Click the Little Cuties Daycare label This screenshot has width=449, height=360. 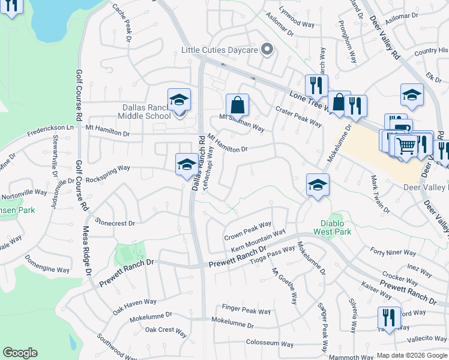point(220,50)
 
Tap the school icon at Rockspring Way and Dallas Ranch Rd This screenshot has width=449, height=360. point(187,164)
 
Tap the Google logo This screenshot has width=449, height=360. point(20,353)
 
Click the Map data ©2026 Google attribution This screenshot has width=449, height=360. point(412,355)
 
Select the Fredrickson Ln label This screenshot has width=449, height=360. point(53,127)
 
